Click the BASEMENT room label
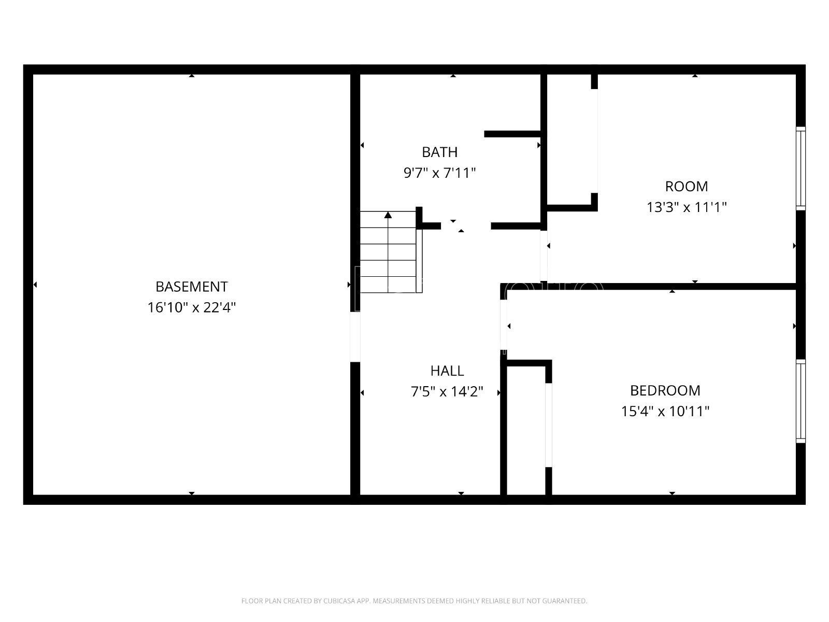coord(192,287)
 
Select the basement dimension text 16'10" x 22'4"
coord(192,307)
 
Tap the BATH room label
coord(439,152)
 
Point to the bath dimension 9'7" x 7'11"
coord(439,173)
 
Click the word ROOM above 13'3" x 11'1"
coord(686,187)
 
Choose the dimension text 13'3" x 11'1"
coord(686,207)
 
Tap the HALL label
coord(447,371)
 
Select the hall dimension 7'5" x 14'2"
coord(447,392)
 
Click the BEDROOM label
coord(665,390)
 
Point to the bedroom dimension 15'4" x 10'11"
coord(665,411)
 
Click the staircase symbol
coord(391,252)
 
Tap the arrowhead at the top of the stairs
coord(388,215)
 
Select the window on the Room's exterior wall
coord(801,168)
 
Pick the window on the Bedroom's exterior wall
coord(801,401)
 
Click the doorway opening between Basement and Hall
coord(355,337)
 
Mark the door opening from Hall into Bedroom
coord(504,325)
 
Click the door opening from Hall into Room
coord(544,256)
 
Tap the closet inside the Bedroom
coord(526,430)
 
